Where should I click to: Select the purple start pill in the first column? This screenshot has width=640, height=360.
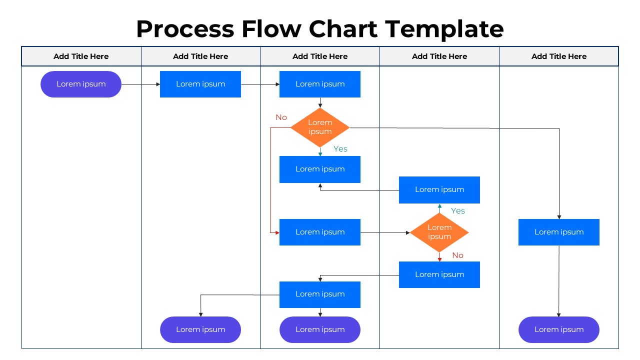tap(81, 84)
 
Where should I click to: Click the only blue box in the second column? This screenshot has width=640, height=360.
tap(200, 84)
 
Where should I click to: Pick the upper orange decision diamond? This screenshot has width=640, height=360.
tap(320, 127)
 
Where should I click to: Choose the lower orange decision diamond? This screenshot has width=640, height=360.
tap(439, 232)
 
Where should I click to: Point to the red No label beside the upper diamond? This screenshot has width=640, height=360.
tap(281, 117)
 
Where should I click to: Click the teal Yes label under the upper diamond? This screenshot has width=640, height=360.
tap(340, 149)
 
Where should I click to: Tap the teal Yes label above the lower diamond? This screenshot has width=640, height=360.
tap(457, 211)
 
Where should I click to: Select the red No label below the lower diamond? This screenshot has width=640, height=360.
tap(457, 255)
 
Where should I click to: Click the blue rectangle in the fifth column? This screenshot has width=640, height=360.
tap(558, 232)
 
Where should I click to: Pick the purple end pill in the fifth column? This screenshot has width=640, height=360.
tap(558, 329)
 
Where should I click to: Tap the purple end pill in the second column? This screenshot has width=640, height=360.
tap(200, 329)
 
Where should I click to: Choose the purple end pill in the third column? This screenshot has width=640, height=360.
tap(320, 329)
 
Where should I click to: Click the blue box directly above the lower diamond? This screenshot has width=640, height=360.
tap(439, 189)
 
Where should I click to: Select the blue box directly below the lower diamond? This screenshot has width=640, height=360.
tap(439, 274)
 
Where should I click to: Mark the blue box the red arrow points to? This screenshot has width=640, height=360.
tap(320, 232)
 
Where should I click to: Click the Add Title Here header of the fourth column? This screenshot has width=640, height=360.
tap(439, 56)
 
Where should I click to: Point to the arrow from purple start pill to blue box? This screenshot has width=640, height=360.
tap(140, 84)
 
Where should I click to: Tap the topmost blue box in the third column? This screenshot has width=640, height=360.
tap(320, 84)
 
